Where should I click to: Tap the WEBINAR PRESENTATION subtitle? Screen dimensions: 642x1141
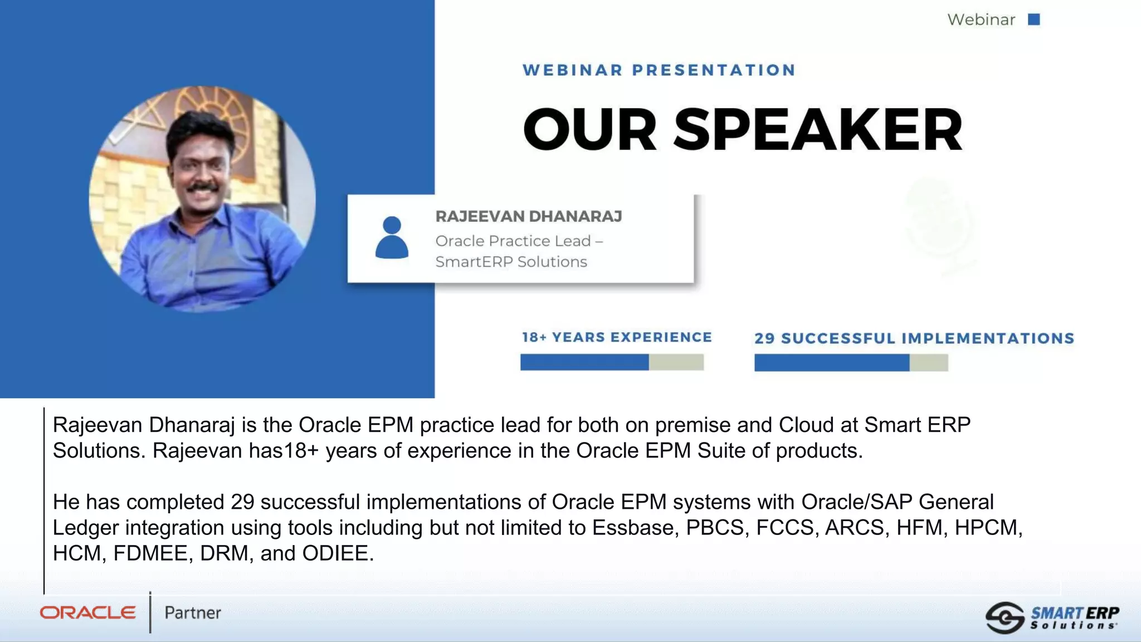point(659,70)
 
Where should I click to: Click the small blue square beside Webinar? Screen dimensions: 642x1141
point(1034,20)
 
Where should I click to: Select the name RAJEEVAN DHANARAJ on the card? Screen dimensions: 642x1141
point(528,216)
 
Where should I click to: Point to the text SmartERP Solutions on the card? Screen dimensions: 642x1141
point(511,262)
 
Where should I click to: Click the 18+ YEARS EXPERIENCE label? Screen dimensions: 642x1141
point(617,337)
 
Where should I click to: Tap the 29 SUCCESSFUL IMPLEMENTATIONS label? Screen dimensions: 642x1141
point(914,338)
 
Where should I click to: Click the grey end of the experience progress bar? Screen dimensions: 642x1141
point(676,362)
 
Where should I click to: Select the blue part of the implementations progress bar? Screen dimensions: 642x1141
point(831,363)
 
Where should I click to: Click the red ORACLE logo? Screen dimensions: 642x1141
point(87,613)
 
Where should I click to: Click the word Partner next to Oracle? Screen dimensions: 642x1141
point(192,613)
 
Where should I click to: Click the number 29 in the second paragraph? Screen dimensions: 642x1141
point(242,502)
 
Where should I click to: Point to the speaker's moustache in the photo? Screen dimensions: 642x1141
point(202,187)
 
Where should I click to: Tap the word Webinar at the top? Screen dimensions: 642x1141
point(981,20)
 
